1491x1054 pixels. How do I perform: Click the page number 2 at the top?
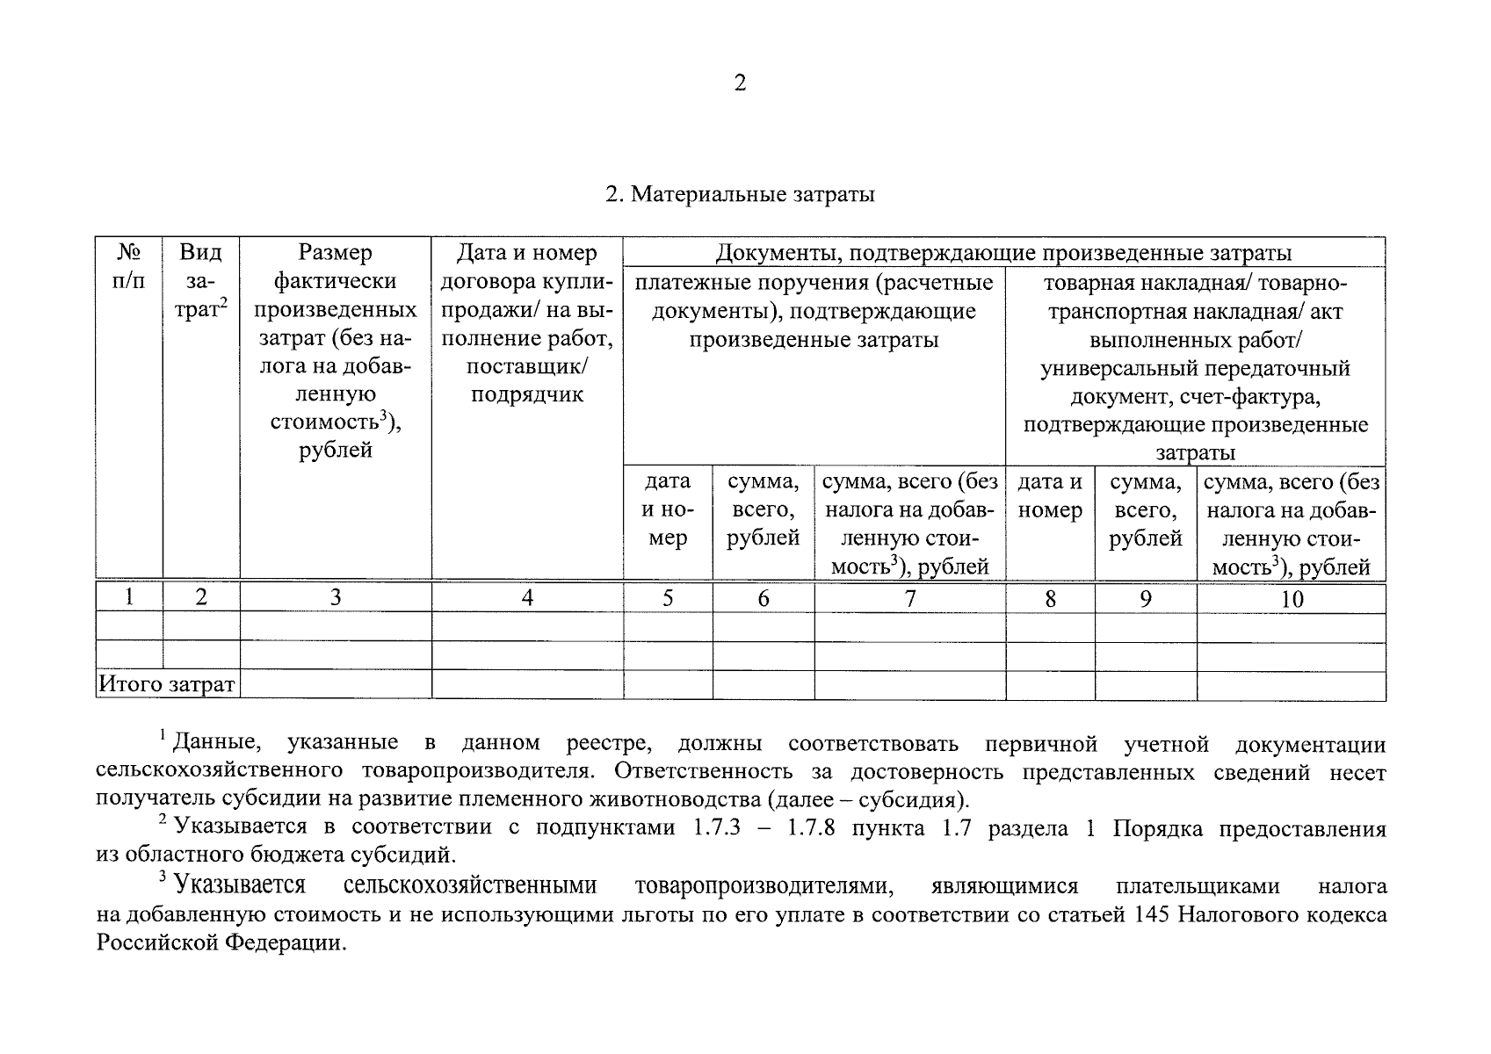point(739,83)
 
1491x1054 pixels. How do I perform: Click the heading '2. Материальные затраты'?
point(740,194)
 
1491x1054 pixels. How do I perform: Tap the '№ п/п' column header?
point(129,267)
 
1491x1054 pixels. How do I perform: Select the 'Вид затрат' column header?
point(200,281)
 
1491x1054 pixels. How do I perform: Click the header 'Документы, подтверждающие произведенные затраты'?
point(1002,254)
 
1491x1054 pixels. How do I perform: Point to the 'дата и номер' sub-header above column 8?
point(1050,496)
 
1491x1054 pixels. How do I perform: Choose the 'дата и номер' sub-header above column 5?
point(668,509)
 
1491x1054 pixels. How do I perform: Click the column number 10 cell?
point(1292,600)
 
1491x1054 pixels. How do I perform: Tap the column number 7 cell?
point(909,599)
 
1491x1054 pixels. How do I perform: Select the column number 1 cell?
point(129,598)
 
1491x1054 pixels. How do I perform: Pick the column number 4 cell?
point(527,599)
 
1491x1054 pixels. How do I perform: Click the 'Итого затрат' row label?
point(167,684)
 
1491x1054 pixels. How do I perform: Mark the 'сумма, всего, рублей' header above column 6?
point(763,509)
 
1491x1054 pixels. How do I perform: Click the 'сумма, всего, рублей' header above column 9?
point(1145,509)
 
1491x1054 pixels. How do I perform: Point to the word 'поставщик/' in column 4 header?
point(527,366)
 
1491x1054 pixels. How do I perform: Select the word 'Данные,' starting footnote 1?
point(216,744)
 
